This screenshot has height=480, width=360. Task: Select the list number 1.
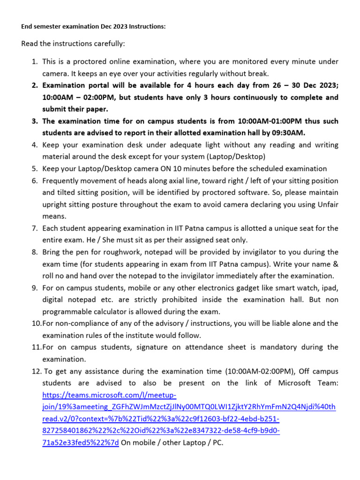coord(34,61)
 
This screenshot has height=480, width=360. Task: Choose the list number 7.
coord(34,228)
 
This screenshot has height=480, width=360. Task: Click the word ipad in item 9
coord(330,288)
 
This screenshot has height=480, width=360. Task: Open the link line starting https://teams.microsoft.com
coord(109,395)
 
